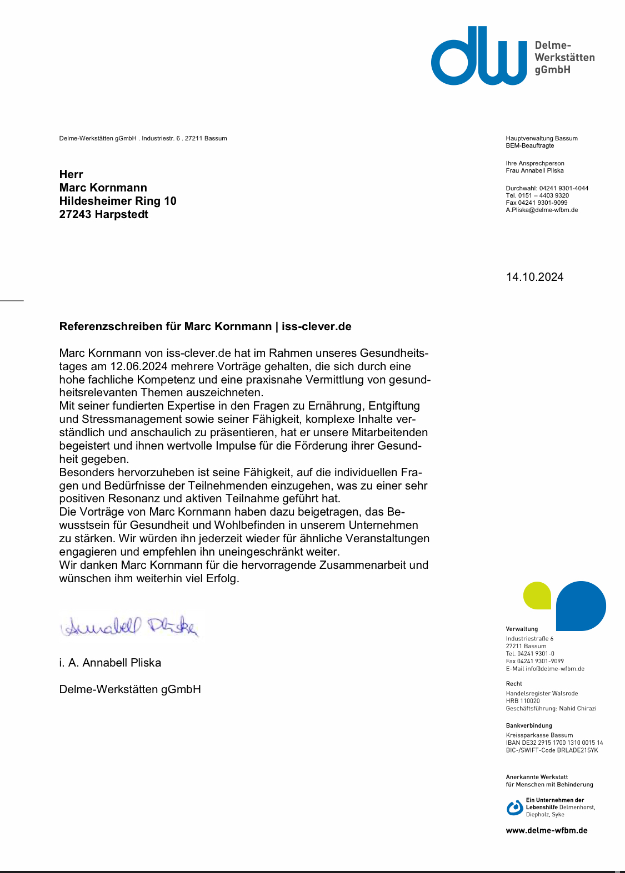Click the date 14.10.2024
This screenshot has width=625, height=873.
click(534, 277)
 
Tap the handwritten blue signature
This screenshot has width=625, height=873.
click(129, 627)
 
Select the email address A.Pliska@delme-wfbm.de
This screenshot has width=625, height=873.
click(542, 210)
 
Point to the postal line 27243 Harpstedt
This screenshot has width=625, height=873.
click(104, 214)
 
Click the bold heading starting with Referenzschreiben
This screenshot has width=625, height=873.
click(205, 326)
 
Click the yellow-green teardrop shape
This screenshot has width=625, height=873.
click(537, 596)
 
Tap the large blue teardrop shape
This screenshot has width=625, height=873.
click(581, 605)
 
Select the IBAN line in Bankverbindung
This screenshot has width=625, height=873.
click(554, 743)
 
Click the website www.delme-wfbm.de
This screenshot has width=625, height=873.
click(546, 831)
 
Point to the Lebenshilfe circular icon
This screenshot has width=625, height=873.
click(514, 808)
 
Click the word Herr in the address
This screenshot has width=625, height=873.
click(71, 174)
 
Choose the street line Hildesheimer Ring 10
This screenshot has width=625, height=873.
click(118, 201)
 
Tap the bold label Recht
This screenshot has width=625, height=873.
click(514, 684)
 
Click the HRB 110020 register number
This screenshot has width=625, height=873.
click(523, 701)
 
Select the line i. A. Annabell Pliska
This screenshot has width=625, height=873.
click(110, 663)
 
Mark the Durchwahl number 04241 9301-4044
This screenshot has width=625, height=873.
click(563, 188)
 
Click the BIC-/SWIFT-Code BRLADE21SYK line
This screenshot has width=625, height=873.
click(552, 750)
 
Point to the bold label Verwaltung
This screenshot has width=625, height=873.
click(522, 629)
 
